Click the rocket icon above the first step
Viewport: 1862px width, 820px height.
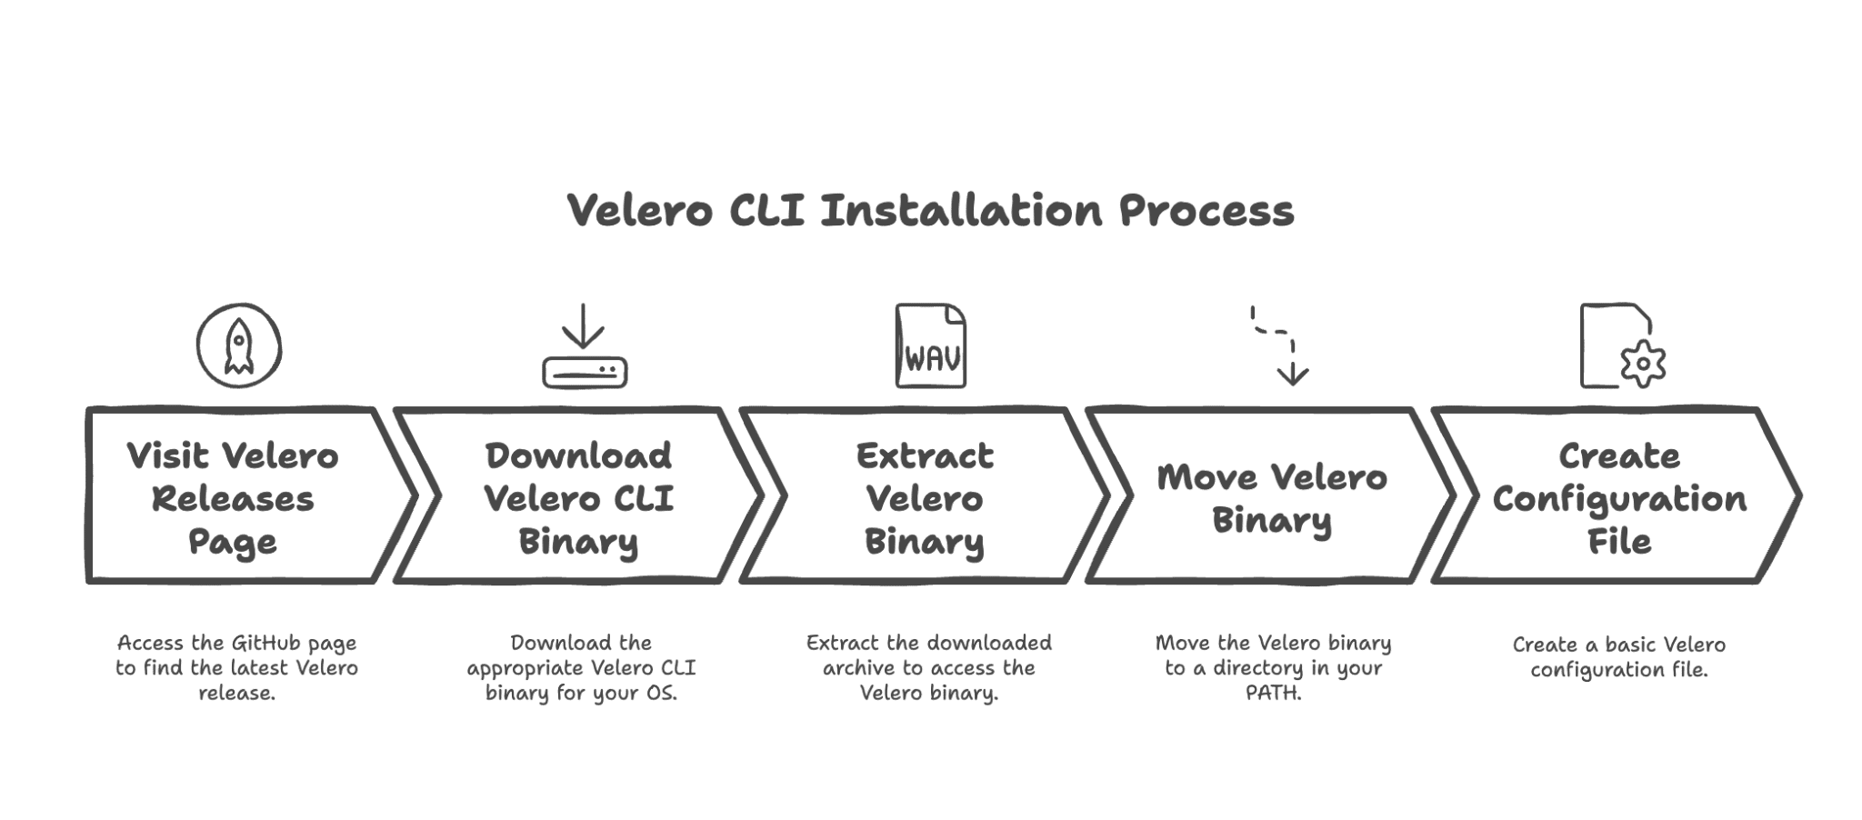[238, 345]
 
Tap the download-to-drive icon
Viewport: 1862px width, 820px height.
[584, 347]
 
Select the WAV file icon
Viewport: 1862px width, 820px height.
[930, 346]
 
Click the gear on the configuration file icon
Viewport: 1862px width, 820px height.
[1643, 365]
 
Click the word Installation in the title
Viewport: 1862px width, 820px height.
[961, 211]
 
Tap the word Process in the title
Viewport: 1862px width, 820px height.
[1206, 211]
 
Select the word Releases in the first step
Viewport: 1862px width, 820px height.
[233, 498]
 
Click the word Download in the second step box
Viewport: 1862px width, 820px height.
[578, 455]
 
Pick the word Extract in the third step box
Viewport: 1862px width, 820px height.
[925, 455]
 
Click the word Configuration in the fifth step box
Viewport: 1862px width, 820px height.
[1619, 499]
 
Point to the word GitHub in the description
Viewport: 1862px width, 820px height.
[265, 643]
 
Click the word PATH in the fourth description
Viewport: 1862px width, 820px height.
[1273, 693]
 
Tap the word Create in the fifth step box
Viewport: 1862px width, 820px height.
[1619, 455]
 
